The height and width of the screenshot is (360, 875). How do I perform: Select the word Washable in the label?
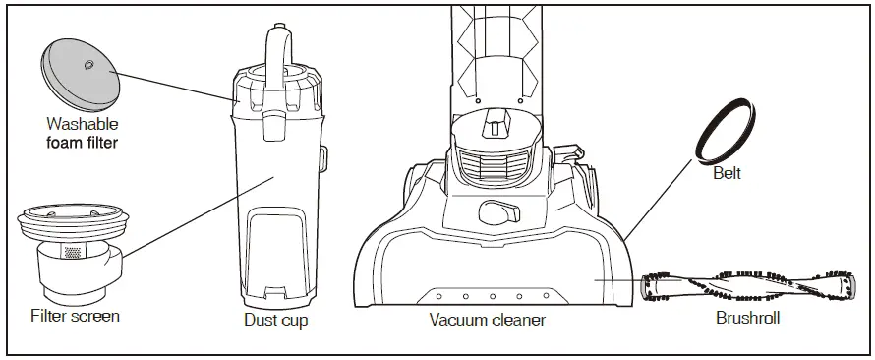point(83,125)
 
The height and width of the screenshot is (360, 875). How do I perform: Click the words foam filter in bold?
point(83,143)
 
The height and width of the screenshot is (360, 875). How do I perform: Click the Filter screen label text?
point(76,316)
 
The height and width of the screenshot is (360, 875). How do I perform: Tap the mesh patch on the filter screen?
point(71,252)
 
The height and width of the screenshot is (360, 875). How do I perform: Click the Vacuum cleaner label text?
point(488,321)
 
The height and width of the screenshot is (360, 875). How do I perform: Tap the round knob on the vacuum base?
point(497,213)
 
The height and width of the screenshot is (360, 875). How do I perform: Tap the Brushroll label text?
point(747,320)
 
